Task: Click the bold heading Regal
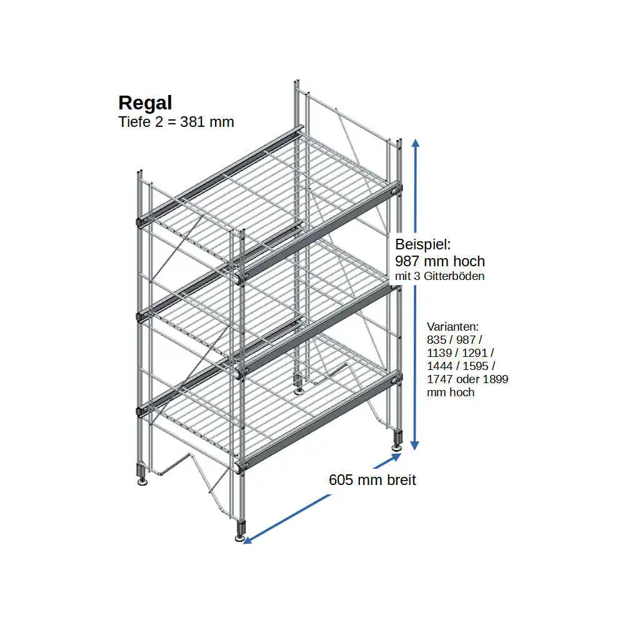(145, 104)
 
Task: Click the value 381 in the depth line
(192, 122)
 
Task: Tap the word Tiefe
(134, 122)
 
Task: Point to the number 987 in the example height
(407, 261)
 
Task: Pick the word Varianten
(452, 326)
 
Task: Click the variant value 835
(436, 339)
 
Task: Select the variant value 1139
(439, 352)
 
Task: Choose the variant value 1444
(439, 366)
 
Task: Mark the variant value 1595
(476, 366)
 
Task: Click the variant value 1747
(439, 379)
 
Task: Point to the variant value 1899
(496, 379)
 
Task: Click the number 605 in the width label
(341, 480)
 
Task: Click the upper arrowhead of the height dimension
(416, 144)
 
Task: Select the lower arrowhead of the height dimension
(415, 445)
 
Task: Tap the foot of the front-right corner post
(241, 531)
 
